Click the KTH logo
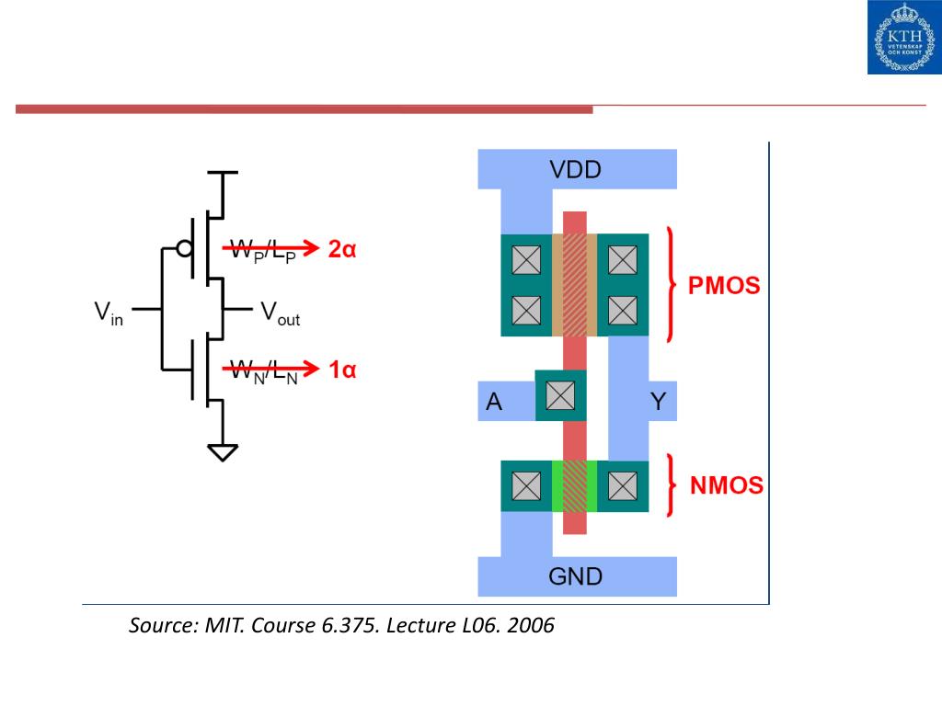point(905,37)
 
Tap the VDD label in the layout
point(575,170)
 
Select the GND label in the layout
point(575,577)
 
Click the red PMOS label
point(724,286)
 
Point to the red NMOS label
point(727,485)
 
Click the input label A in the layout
point(494,402)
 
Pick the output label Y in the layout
point(659,402)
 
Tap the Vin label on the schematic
point(109,313)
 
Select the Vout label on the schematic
point(280,313)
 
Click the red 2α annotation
point(342,249)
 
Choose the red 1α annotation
point(342,370)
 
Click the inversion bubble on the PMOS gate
point(184,248)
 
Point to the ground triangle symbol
point(223,452)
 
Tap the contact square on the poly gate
point(560,395)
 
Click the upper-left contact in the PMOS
point(526,260)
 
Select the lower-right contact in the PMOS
point(623,311)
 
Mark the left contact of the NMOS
point(526,485)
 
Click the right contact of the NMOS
point(623,485)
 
